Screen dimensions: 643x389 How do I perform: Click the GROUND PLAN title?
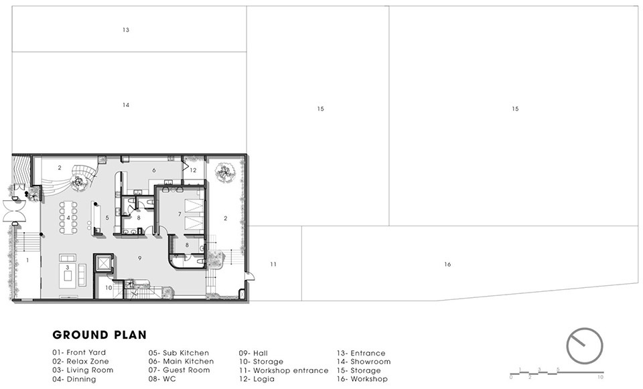(100, 335)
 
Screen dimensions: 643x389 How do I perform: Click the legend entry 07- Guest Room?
(180, 370)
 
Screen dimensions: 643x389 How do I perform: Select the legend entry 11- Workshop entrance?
(284, 370)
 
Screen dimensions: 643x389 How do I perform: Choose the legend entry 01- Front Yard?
(79, 353)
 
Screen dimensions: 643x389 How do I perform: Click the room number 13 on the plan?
(126, 30)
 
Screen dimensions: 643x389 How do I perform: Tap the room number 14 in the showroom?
(126, 105)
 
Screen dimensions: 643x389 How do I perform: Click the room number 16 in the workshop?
(447, 264)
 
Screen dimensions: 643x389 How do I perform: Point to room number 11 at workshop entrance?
(273, 264)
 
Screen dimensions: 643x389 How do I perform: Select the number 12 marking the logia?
(193, 170)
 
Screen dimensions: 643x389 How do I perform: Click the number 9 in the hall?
(140, 258)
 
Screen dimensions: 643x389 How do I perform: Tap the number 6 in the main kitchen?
(154, 170)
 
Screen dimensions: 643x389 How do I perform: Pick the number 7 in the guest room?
(180, 214)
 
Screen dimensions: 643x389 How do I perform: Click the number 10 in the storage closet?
(109, 288)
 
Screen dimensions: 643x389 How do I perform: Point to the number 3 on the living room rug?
(68, 267)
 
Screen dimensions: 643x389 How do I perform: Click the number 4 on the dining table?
(68, 218)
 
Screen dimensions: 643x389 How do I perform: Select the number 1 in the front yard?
(27, 260)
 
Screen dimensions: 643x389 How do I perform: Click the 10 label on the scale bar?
(600, 377)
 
